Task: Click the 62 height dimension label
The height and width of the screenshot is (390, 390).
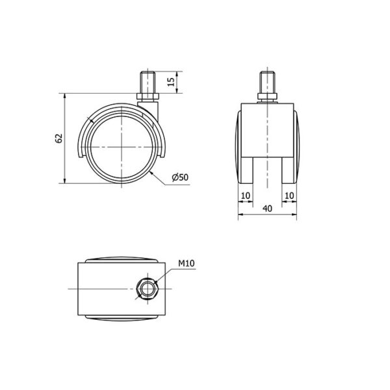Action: [x=58, y=138]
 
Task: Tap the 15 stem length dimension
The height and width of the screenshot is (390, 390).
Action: [x=171, y=82]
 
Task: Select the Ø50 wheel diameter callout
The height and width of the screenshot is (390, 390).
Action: [x=180, y=177]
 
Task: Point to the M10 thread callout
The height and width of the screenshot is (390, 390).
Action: [x=187, y=263]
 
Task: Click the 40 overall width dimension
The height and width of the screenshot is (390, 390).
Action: [x=267, y=209]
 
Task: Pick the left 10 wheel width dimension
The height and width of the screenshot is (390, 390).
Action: [x=246, y=196]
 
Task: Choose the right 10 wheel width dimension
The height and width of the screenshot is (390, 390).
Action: [x=289, y=196]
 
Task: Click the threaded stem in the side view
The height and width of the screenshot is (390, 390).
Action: [x=148, y=83]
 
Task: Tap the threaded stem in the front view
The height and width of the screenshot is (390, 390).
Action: [x=267, y=83]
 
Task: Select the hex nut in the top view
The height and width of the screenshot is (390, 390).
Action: [x=146, y=289]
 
